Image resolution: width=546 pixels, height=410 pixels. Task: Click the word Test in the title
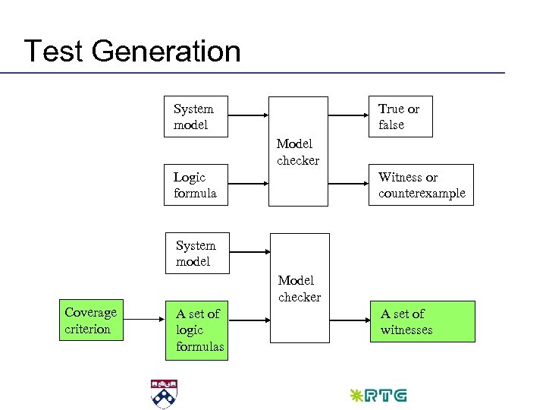pyautogui.click(x=52, y=52)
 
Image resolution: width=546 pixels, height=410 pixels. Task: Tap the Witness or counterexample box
pyautogui.click(x=422, y=185)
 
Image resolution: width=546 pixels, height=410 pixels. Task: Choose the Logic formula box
pyautogui.click(x=196, y=185)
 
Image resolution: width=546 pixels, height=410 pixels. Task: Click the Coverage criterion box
pyautogui.click(x=91, y=320)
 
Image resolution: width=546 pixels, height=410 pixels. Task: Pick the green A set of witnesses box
pyautogui.click(x=422, y=322)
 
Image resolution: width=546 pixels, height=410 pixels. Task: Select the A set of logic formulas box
pyautogui.click(x=196, y=330)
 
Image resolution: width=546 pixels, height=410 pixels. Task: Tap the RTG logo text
pyautogui.click(x=386, y=396)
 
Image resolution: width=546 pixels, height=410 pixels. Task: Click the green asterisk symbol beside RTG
pyautogui.click(x=355, y=396)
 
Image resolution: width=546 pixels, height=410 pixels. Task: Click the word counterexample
pyautogui.click(x=422, y=194)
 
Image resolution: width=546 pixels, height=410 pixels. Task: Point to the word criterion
pyautogui.click(x=88, y=329)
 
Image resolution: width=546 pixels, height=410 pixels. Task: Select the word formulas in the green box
pyautogui.click(x=200, y=347)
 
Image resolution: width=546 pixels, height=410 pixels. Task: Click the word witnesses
pyautogui.click(x=406, y=330)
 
